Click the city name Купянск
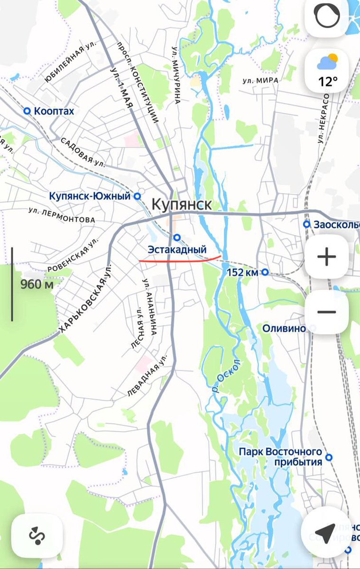(182, 204)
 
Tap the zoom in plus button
(327, 257)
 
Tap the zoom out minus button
(327, 312)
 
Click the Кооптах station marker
(27, 111)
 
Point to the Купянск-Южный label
(90, 196)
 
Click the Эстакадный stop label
(177, 249)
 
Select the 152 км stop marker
(265, 272)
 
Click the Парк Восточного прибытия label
(280, 457)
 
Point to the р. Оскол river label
(227, 377)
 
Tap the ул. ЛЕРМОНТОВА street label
(62, 215)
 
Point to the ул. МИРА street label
(260, 81)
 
